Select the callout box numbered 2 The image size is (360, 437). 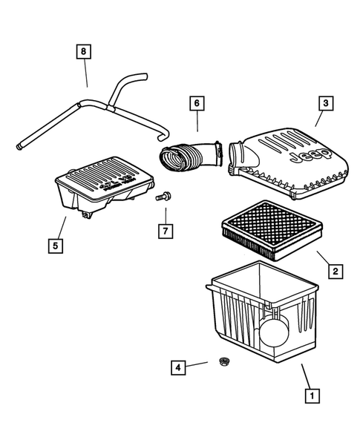pyautogui.click(x=336, y=272)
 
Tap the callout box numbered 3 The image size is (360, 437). pyautogui.click(x=324, y=103)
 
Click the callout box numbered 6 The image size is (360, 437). pyautogui.click(x=197, y=104)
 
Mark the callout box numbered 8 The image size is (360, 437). pyautogui.click(x=84, y=52)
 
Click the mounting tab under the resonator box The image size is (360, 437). pyautogui.click(x=87, y=214)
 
